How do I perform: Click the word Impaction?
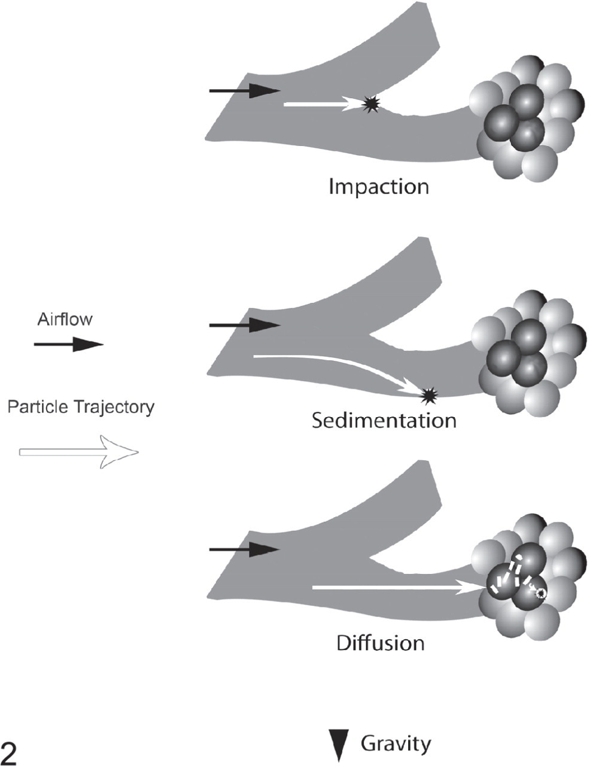tap(379, 187)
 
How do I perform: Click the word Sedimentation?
tap(384, 421)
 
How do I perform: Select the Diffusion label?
tap(381, 642)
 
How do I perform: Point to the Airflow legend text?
tap(65, 319)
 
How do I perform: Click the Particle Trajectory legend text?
tap(81, 407)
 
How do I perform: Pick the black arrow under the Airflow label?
tap(69, 344)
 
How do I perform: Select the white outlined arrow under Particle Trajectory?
tap(78, 452)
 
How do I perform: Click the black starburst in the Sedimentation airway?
tap(430, 396)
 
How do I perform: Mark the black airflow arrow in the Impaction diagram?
tap(245, 90)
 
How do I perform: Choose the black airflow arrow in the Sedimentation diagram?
tap(245, 325)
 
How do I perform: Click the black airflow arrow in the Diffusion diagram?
tap(245, 549)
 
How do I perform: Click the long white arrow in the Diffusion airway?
tap(397, 587)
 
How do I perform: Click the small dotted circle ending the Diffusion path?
tap(540, 594)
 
